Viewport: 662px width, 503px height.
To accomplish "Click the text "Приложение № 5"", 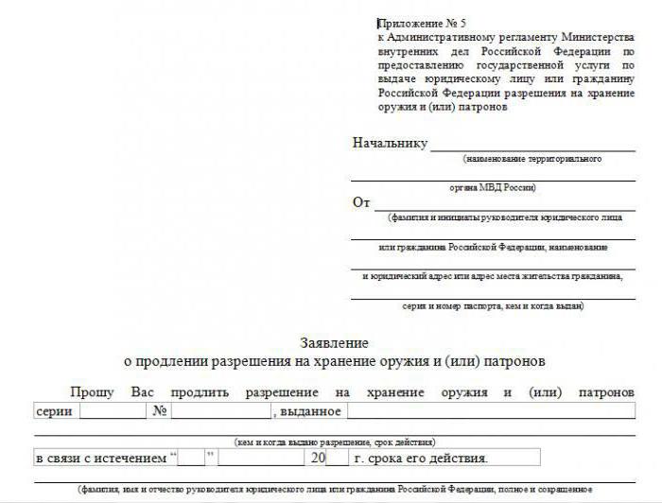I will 422,23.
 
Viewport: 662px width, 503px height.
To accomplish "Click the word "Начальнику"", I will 390,144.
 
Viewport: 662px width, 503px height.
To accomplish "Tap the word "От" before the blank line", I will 361,202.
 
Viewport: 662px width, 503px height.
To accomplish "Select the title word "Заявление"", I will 334,343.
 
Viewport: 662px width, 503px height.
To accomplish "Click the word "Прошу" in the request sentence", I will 92,391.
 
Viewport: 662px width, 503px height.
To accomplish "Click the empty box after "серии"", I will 112,411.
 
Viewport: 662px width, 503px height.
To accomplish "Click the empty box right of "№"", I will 220,411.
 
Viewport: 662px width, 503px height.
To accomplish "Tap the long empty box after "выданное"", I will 490,411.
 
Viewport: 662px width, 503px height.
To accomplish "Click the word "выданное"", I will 309,411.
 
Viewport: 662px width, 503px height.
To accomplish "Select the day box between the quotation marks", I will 192,459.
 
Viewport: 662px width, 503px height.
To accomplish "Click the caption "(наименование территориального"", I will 532,159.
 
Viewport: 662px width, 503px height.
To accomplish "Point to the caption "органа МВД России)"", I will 492,188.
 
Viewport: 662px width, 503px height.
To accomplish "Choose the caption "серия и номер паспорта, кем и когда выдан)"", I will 492,305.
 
